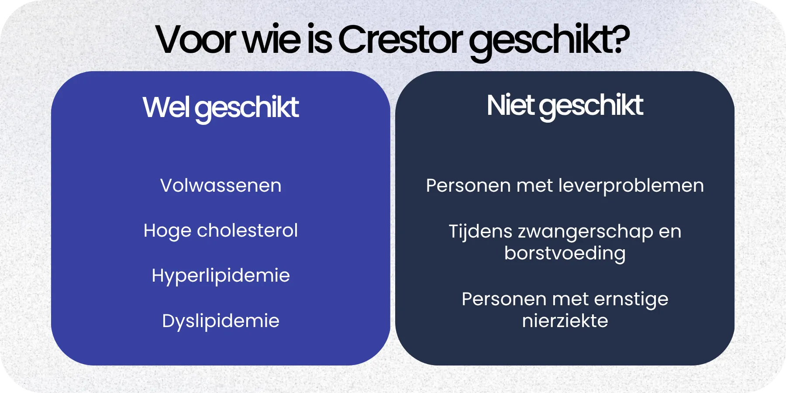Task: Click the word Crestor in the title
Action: point(400,39)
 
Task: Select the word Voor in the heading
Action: point(196,39)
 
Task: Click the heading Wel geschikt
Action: point(221,107)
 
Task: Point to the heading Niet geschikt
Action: point(565,106)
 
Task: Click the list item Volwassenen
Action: point(221,186)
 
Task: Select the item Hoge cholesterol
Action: point(221,231)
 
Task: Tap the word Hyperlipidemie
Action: point(221,276)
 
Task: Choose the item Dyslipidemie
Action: point(221,321)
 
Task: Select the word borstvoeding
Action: point(565,253)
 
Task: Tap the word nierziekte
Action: point(565,321)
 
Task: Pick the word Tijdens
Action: point(480,231)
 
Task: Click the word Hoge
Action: point(167,231)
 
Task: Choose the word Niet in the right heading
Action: point(510,106)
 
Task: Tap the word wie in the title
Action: point(271,39)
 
